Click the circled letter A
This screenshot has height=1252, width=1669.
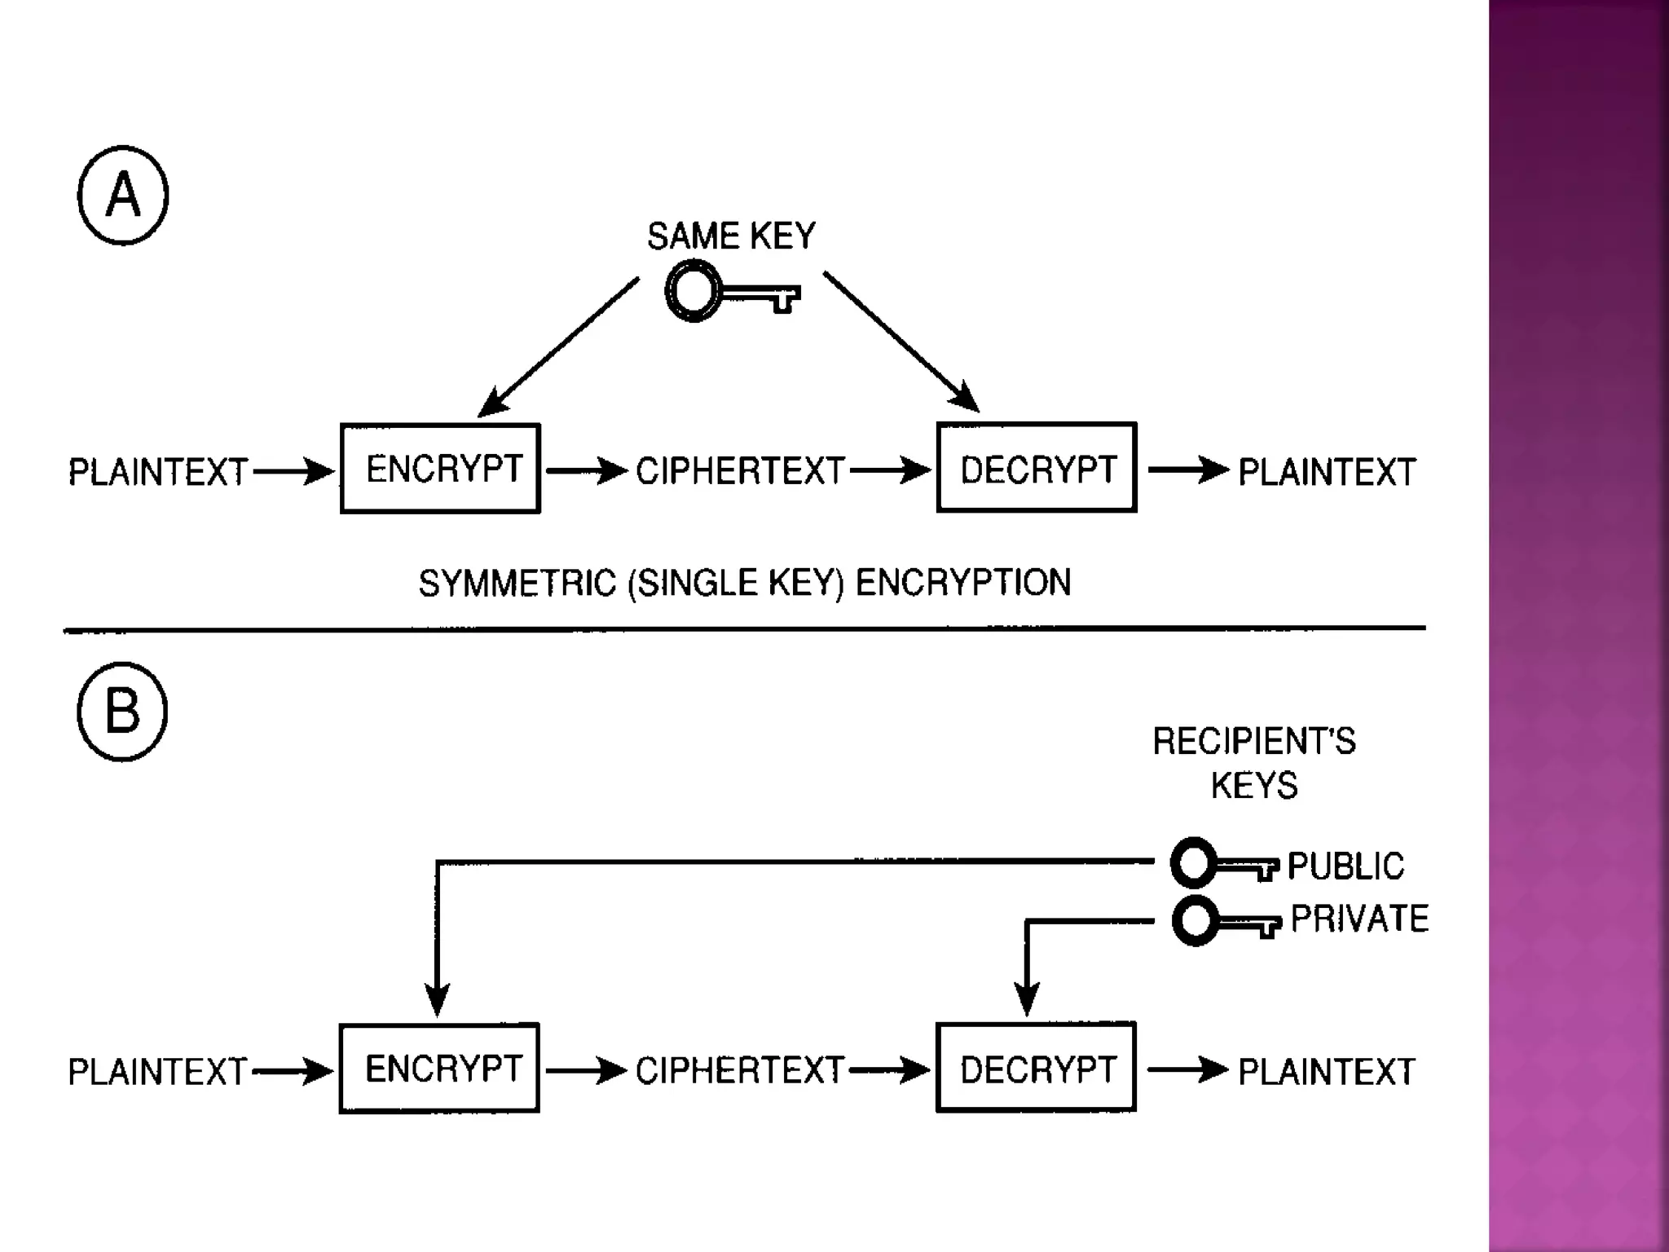pos(123,196)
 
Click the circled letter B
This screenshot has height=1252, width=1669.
pos(122,712)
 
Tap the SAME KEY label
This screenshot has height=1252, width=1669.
pos(731,236)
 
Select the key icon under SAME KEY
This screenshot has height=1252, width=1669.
pos(730,292)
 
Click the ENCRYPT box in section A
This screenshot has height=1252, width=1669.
pos(441,469)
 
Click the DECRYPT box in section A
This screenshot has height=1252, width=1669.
pos(1037,468)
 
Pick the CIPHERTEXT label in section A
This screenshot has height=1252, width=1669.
pos(740,471)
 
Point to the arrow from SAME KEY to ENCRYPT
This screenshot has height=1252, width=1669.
pos(558,348)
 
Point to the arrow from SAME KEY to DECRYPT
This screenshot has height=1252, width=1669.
pos(901,342)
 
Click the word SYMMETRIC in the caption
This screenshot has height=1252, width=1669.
pos(517,584)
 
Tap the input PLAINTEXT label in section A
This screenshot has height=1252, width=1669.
pos(157,472)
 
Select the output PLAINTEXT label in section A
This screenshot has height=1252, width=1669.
pos(1327,472)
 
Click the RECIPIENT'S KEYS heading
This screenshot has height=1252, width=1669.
pos(1254,763)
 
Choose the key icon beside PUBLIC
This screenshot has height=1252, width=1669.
pos(1223,864)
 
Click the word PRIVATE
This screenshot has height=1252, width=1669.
pos(1359,919)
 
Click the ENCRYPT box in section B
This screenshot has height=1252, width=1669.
pos(440,1069)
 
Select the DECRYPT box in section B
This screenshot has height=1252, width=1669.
pos(1037,1069)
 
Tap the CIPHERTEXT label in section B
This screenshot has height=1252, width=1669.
pos(739,1071)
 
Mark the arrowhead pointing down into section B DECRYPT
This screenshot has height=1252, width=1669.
pos(1027,999)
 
